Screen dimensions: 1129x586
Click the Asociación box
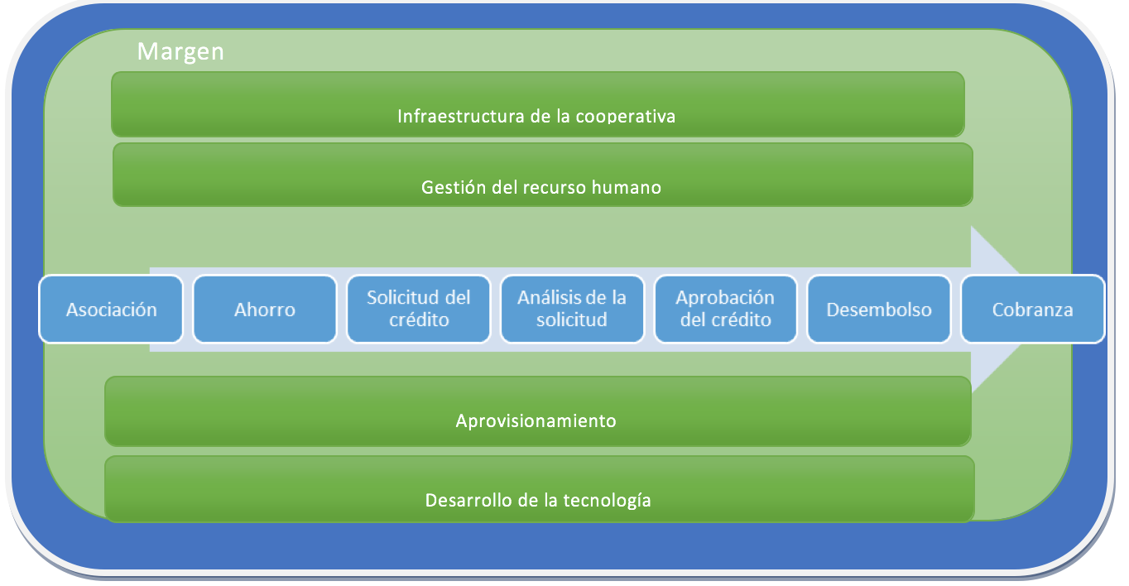111,309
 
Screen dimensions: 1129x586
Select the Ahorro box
265,309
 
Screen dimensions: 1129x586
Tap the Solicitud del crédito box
418,309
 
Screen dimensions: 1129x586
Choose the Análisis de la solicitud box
572,309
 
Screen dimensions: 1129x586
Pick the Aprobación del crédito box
726,309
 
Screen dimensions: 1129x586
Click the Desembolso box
879,309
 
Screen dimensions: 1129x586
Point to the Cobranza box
1033,309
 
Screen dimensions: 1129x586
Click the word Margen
180,52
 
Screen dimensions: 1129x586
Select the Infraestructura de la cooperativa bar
538,104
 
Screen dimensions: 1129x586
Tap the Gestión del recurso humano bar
543,175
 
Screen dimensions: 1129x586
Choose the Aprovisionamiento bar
538,411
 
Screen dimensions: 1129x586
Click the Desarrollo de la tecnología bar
540,489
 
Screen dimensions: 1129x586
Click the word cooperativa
626,117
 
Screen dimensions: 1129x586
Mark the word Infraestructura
461,117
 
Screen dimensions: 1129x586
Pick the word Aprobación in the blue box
725,298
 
